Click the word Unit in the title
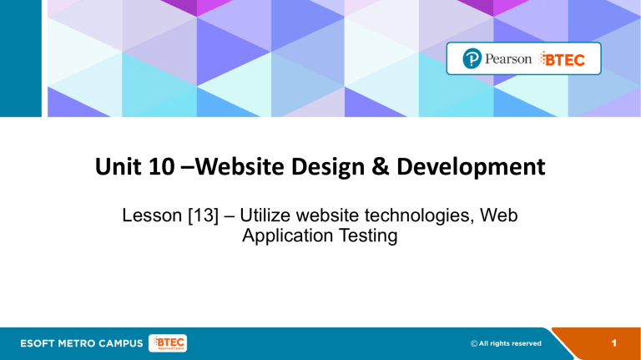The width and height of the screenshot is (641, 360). tap(115, 166)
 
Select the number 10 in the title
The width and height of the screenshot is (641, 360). tap(161, 166)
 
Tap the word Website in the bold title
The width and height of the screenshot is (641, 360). tap(240, 166)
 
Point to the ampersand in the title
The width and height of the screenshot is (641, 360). tap(381, 167)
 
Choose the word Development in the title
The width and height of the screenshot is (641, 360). tap(471, 167)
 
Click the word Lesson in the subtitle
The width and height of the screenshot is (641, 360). tap(152, 215)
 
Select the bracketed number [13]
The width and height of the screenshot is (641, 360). tap(203, 215)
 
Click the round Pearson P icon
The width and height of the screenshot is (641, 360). tap(472, 58)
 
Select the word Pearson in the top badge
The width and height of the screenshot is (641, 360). tap(508, 59)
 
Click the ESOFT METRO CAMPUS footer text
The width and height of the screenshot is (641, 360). tap(81, 343)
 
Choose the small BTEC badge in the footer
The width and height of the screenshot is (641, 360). tap(168, 343)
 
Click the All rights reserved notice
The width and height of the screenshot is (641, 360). tap(506, 343)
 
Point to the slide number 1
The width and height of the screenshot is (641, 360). tap(614, 343)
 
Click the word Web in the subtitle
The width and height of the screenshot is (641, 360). tap(499, 215)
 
